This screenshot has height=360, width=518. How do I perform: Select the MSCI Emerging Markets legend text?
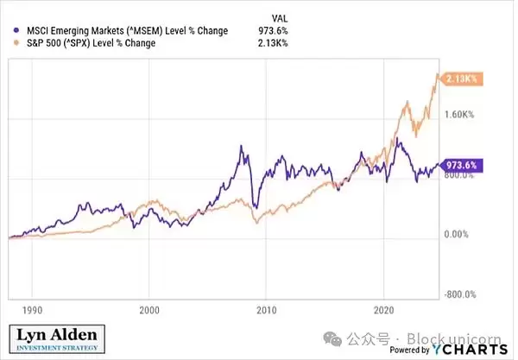[x=122, y=31]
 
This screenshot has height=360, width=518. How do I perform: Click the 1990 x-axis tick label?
[x=33, y=308]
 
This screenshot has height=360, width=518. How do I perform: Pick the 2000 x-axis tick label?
[x=149, y=308]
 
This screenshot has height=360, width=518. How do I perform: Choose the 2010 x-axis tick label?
[x=267, y=308]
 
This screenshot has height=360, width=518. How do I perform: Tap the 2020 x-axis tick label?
[x=384, y=308]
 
